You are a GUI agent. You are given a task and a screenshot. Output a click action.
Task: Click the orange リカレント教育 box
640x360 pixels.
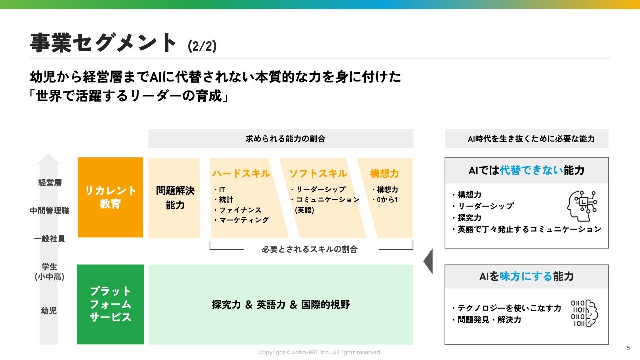click(110, 197)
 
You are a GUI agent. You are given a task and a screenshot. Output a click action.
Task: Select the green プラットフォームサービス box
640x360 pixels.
click(110, 304)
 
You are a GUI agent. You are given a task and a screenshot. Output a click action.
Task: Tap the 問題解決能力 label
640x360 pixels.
click(175, 197)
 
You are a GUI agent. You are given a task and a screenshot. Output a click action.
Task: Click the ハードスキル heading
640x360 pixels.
click(241, 173)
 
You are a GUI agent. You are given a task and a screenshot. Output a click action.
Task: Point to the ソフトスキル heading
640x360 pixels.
click(318, 173)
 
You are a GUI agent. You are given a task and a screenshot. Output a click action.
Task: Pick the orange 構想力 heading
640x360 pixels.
click(384, 173)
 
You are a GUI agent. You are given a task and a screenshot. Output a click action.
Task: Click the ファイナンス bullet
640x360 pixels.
click(238, 210)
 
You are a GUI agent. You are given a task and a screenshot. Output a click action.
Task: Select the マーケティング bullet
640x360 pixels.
click(241, 220)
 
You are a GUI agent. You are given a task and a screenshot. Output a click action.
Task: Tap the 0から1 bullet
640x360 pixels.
click(385, 200)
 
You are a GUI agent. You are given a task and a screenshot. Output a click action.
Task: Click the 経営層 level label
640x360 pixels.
click(50, 183)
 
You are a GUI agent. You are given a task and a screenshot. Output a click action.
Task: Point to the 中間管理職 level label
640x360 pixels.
click(50, 211)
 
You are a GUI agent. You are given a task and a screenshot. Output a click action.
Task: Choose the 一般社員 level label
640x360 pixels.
click(49, 239)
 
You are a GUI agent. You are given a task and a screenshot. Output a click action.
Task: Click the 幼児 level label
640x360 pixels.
click(49, 310)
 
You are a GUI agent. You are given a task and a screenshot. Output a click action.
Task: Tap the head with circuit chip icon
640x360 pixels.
click(582, 206)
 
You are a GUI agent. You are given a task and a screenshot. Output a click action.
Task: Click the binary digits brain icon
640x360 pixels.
click(585, 313)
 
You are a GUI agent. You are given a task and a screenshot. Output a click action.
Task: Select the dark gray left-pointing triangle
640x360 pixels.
click(428, 261)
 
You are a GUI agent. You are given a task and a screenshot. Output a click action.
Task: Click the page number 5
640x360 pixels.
click(628, 348)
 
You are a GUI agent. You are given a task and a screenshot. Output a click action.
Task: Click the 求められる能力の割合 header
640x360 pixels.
click(285, 139)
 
